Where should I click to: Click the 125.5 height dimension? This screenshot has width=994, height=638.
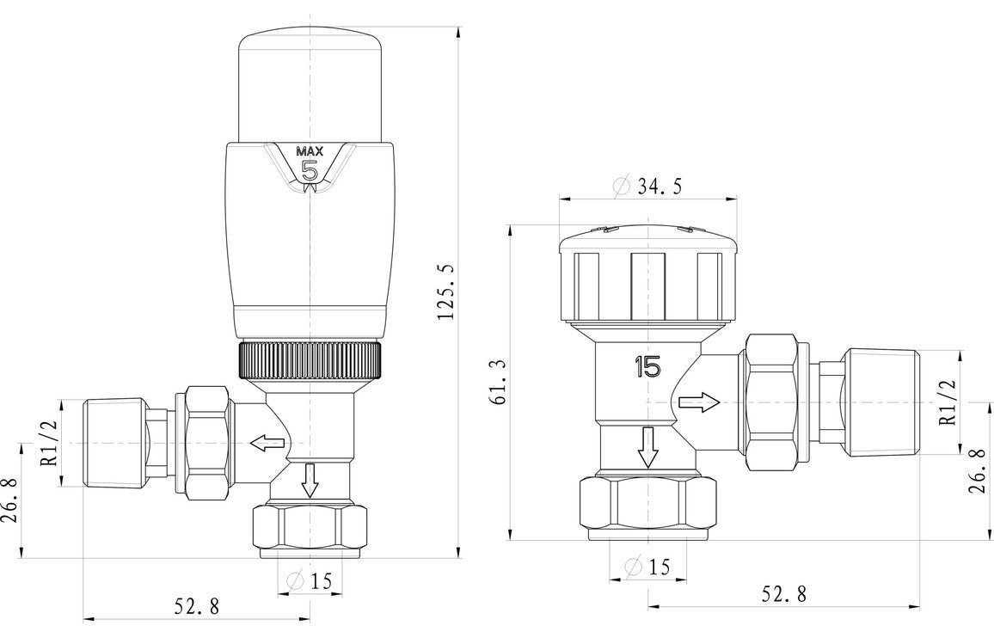pyautogui.click(x=445, y=292)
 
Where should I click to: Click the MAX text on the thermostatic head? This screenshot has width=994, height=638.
pyautogui.click(x=310, y=151)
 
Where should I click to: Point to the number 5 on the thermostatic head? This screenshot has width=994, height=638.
pyautogui.click(x=310, y=170)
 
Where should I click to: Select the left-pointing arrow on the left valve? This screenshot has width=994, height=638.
pyautogui.click(x=268, y=444)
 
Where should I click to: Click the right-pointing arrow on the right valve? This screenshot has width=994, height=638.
pyautogui.click(x=697, y=402)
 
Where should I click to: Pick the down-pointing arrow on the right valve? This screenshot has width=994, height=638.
pyautogui.click(x=647, y=446)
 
